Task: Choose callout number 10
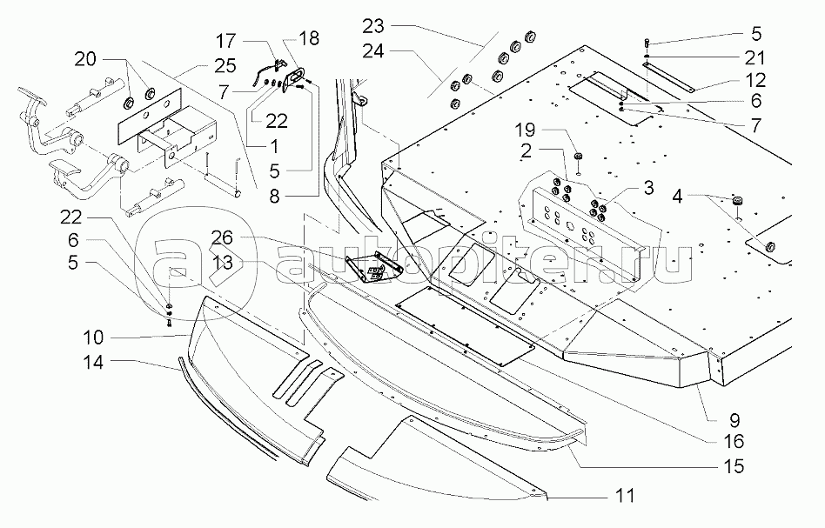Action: pyautogui.click(x=93, y=335)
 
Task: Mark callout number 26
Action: pyautogui.click(x=222, y=237)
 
